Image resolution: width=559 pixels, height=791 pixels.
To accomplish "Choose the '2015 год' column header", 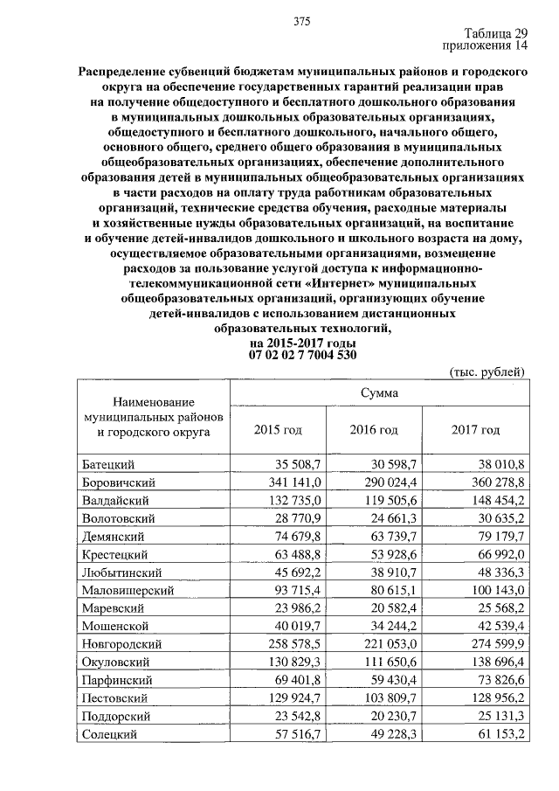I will pos(278,430).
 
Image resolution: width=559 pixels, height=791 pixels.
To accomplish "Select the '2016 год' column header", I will pos(374,430).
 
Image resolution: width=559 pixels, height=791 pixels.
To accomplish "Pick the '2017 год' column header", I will pos(476,430).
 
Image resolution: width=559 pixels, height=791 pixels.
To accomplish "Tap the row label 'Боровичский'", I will pos(118,482).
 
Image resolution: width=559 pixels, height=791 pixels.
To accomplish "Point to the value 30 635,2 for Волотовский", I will pos(499,518).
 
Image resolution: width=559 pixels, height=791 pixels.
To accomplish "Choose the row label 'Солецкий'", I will pos(110,736).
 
